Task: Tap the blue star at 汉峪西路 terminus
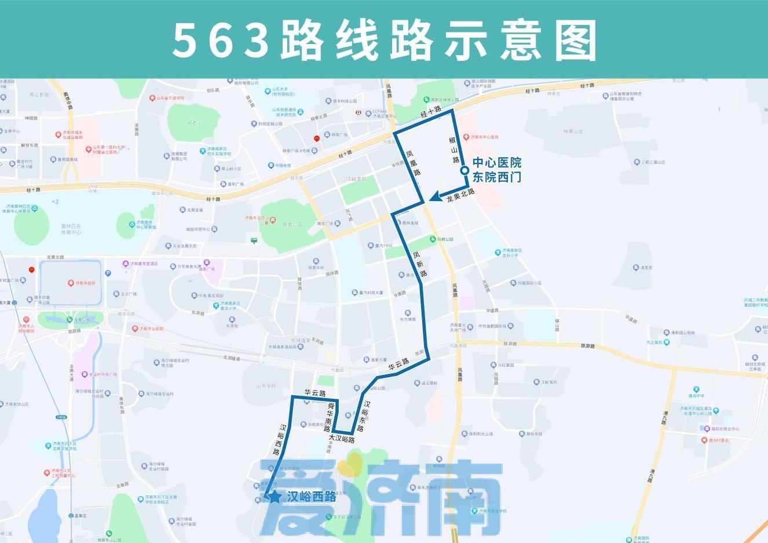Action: click(274, 496)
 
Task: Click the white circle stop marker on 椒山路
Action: click(465, 170)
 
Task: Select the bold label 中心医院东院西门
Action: click(496, 170)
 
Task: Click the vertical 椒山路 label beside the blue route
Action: click(454, 150)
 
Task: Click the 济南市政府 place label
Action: click(85, 283)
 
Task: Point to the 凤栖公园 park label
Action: click(445, 239)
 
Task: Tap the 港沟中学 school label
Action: click(696, 396)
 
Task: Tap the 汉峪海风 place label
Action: click(548, 382)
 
